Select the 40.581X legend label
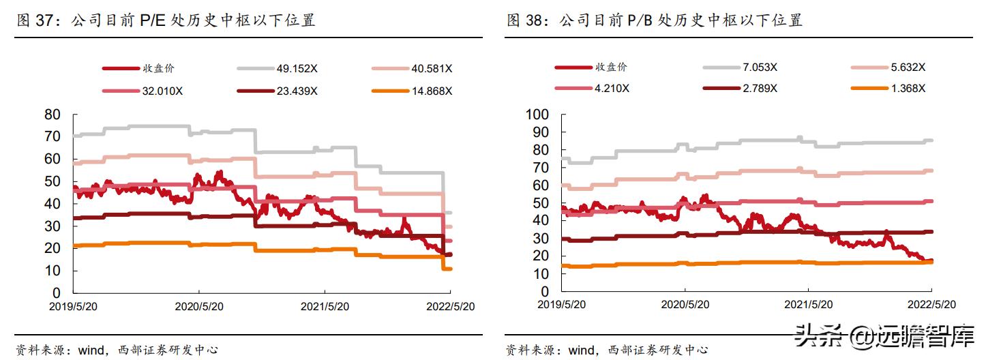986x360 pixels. pos(432,68)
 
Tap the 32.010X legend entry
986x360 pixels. pos(162,91)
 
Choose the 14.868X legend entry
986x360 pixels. pos(432,91)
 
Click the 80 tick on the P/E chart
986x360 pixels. pos(52,114)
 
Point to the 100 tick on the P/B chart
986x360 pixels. pos(537,115)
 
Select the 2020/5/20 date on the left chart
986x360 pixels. pos(198,307)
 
